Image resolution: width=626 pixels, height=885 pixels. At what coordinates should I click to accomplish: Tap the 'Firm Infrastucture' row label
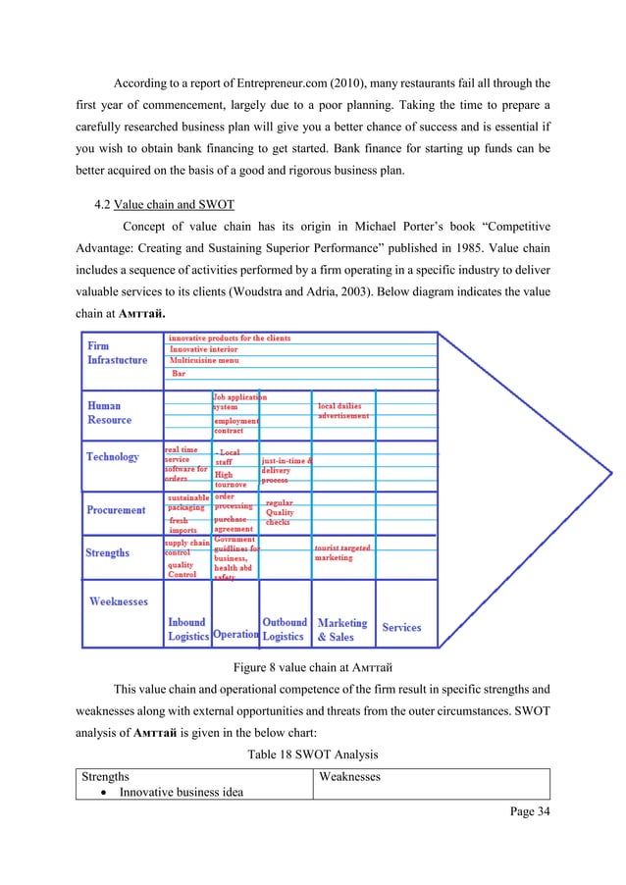point(117,353)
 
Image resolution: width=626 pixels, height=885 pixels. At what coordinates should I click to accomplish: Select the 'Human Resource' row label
point(109,412)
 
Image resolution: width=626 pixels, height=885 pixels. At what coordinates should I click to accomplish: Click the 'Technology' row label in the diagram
point(113,457)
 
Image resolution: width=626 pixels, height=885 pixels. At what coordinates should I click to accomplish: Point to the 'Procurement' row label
point(116,510)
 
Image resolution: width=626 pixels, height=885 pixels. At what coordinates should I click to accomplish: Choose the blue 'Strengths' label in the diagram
point(107,553)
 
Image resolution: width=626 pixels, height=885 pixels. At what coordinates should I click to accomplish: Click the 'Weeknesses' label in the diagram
point(119,600)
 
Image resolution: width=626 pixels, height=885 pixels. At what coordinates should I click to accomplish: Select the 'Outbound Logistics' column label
point(285,629)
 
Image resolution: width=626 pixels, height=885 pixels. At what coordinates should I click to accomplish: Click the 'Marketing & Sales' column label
point(341,629)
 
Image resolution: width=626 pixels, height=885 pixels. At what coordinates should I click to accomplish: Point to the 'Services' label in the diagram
point(401,628)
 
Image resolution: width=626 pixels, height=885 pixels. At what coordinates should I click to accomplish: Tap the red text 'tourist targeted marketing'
point(341,552)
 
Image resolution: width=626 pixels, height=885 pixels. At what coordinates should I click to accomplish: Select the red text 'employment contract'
point(235,425)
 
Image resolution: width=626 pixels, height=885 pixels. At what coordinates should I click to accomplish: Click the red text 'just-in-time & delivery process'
point(286,470)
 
